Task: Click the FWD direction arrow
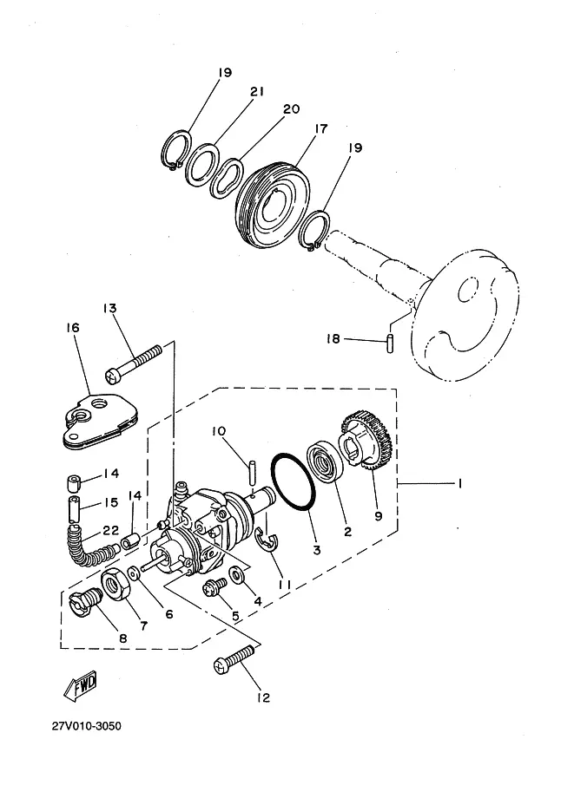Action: point(81,686)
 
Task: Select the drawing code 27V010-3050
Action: point(87,726)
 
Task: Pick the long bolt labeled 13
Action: point(133,363)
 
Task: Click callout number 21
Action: point(257,92)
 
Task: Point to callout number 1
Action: point(459,484)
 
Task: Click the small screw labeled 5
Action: point(214,587)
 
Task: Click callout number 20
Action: point(291,109)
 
